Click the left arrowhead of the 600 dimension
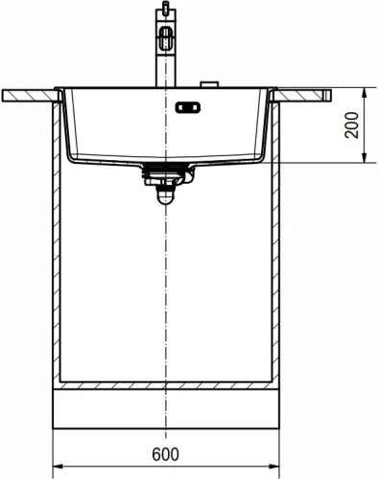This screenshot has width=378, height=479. tap(56, 468)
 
